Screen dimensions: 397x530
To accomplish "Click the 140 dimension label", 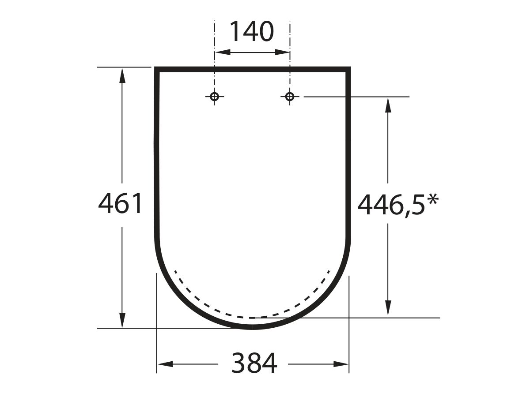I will (252, 32).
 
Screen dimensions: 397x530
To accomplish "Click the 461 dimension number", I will (121, 204).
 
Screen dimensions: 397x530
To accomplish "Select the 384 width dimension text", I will (255, 364).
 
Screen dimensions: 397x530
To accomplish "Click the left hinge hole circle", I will (215, 97).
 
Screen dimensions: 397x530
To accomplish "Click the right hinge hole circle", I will (290, 97).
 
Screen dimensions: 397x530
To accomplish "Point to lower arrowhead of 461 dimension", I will (123, 321).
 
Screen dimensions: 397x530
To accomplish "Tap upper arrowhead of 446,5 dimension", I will (388, 105).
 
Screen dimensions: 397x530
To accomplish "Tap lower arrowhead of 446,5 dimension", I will (388, 309).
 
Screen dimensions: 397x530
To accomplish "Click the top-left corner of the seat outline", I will (156, 69).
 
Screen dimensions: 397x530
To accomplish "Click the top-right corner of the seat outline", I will (348, 69).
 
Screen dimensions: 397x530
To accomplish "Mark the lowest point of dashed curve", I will (253, 317).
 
